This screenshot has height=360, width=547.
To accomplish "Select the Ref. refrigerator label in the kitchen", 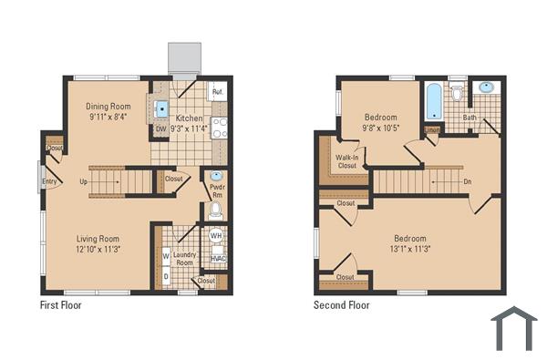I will coord(218,93).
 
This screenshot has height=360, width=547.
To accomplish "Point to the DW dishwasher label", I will coord(160,129).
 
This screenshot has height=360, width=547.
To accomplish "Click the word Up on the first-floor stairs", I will coord(85,181).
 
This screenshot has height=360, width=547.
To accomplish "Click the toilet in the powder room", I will coord(216,211).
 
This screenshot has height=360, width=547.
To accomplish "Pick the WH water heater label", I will coord(217,236).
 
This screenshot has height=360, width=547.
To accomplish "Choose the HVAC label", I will coord(218,259).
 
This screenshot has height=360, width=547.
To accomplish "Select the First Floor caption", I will coord(60,305).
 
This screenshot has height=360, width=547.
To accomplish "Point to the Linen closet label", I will coord(432,130).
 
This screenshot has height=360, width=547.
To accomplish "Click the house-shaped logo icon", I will coord(514,329).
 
